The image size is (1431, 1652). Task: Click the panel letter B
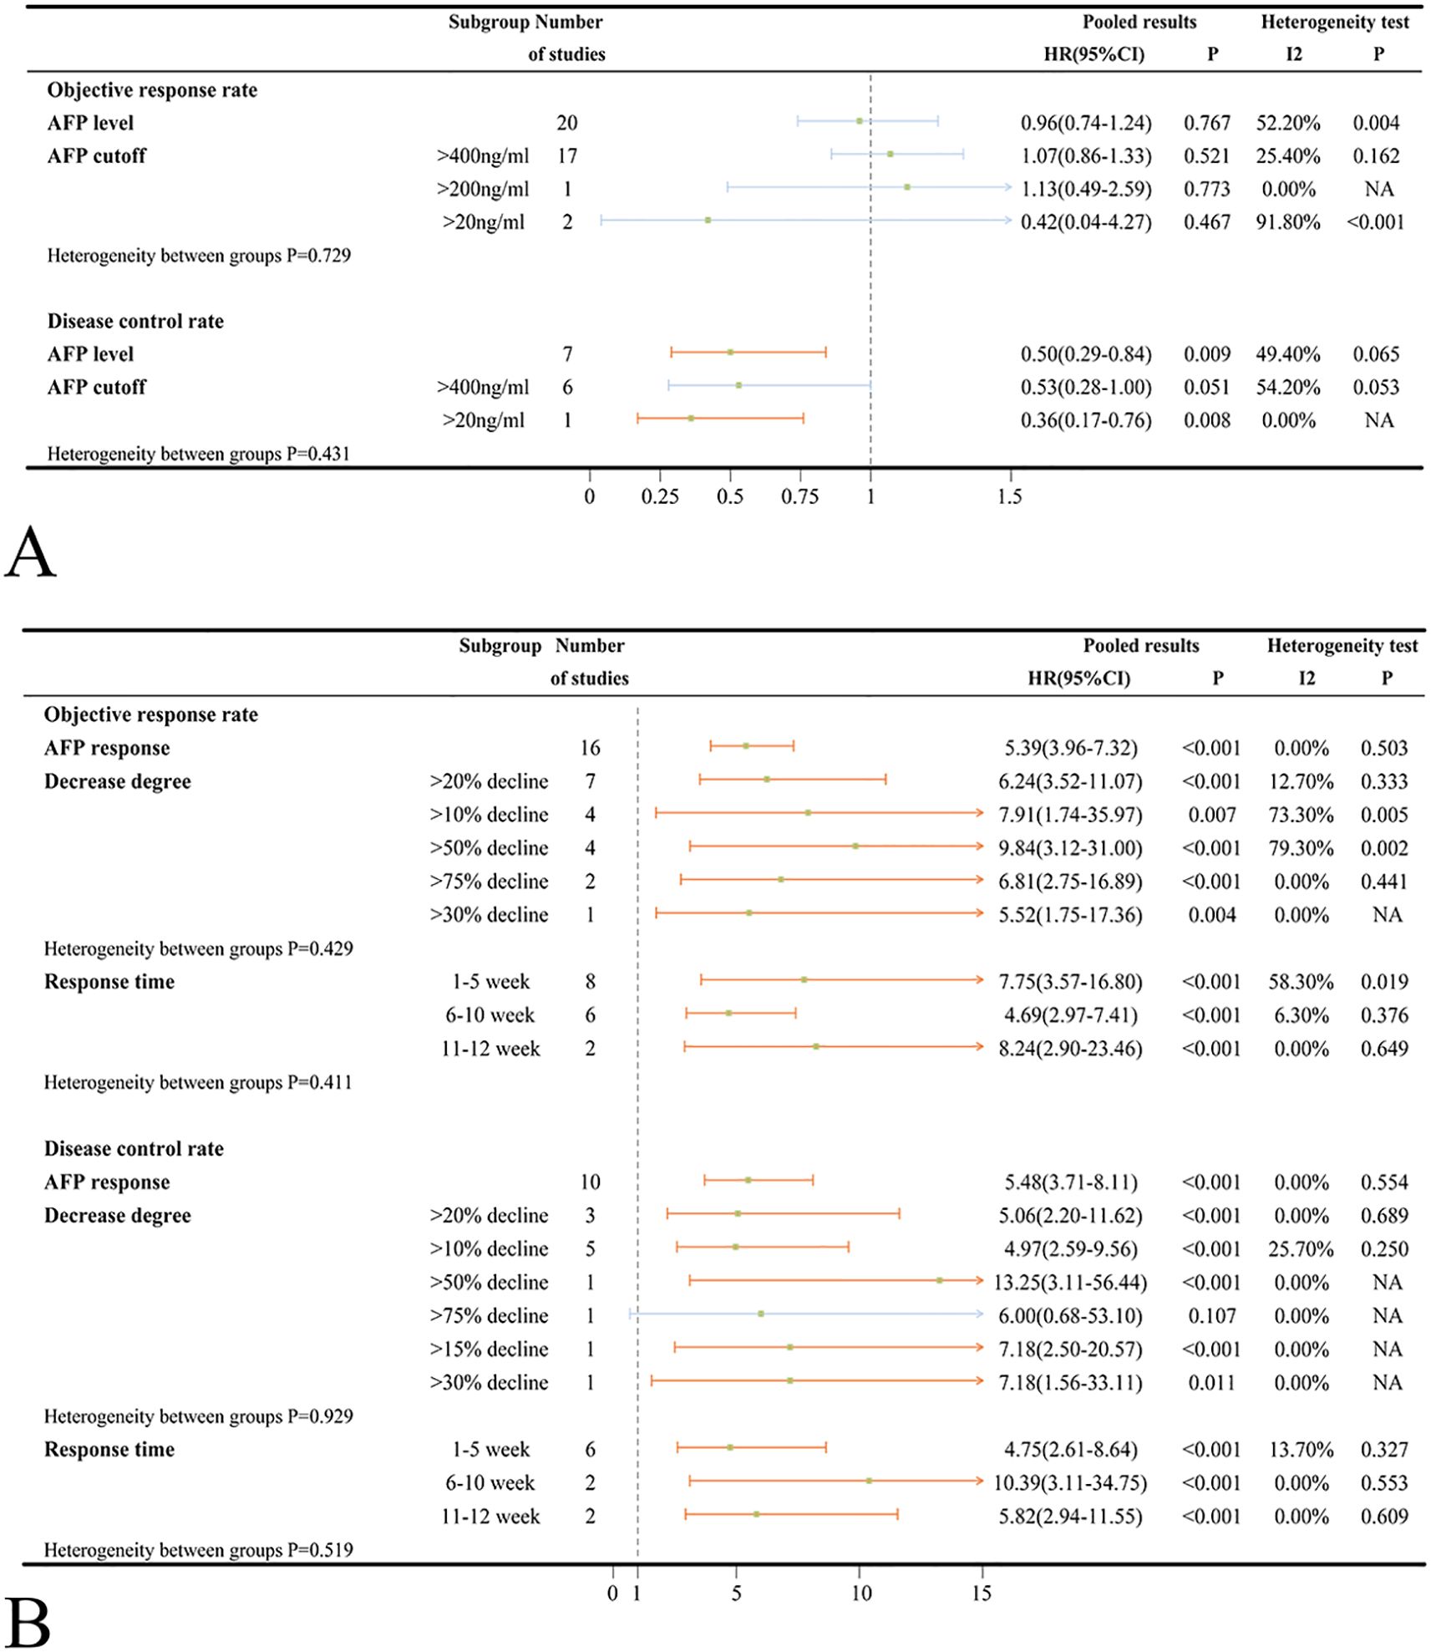[28, 1621]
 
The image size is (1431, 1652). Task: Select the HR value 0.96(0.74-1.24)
[1085, 123]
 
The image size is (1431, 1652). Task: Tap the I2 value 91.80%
[1287, 222]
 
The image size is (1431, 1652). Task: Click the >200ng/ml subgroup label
[483, 190]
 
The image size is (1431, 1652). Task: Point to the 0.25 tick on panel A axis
[660, 496]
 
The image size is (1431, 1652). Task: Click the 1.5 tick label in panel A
[1009, 496]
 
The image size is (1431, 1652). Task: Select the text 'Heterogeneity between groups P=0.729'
[199, 256]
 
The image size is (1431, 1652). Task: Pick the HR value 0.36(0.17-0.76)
[1085, 420]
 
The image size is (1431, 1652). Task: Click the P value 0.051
[1206, 388]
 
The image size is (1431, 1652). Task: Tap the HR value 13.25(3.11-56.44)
[1069, 1283]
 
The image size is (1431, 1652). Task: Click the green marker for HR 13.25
[939, 1280]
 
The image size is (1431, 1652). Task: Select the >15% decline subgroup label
[489, 1350]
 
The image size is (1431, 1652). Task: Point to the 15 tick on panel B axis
[982, 1594]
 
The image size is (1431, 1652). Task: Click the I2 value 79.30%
[1301, 848]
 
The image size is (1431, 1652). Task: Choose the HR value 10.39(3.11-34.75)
[1069, 1483]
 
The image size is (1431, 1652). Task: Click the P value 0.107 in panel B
[1211, 1316]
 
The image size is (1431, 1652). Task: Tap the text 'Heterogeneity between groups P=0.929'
[199, 1416]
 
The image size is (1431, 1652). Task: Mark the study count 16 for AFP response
[590, 748]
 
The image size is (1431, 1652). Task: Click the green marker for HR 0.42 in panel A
[708, 221]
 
